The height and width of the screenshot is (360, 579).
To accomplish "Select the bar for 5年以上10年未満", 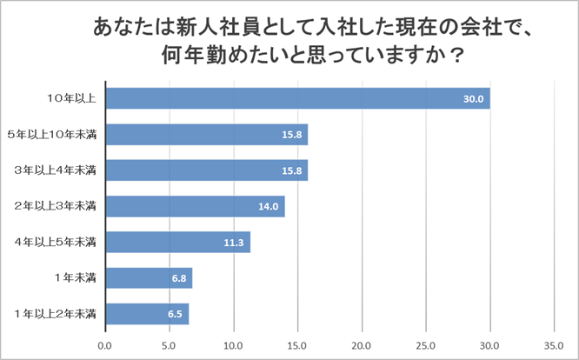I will coord(206,135).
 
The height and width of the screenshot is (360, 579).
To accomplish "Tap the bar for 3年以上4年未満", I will coord(206,170).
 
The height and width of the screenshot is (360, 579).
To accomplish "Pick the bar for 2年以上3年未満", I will coord(195,206).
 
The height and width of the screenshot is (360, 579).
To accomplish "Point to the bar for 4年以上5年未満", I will coord(177,242).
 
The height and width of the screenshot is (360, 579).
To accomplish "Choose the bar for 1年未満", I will coord(149,278).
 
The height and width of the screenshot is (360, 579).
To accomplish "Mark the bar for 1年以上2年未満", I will coord(147,314).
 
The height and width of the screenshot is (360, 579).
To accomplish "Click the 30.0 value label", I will coord(473,99).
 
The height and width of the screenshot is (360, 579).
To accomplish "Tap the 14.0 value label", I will coord(268,207).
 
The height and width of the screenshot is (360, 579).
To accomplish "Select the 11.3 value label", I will coord(233,243).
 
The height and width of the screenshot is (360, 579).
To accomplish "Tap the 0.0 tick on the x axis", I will coord(105,345).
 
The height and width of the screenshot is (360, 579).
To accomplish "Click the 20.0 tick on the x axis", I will coord(362,345).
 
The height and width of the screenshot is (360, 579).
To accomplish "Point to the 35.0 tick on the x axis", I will coord(554,345).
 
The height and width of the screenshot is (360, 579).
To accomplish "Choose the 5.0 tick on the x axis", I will coord(170,345).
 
